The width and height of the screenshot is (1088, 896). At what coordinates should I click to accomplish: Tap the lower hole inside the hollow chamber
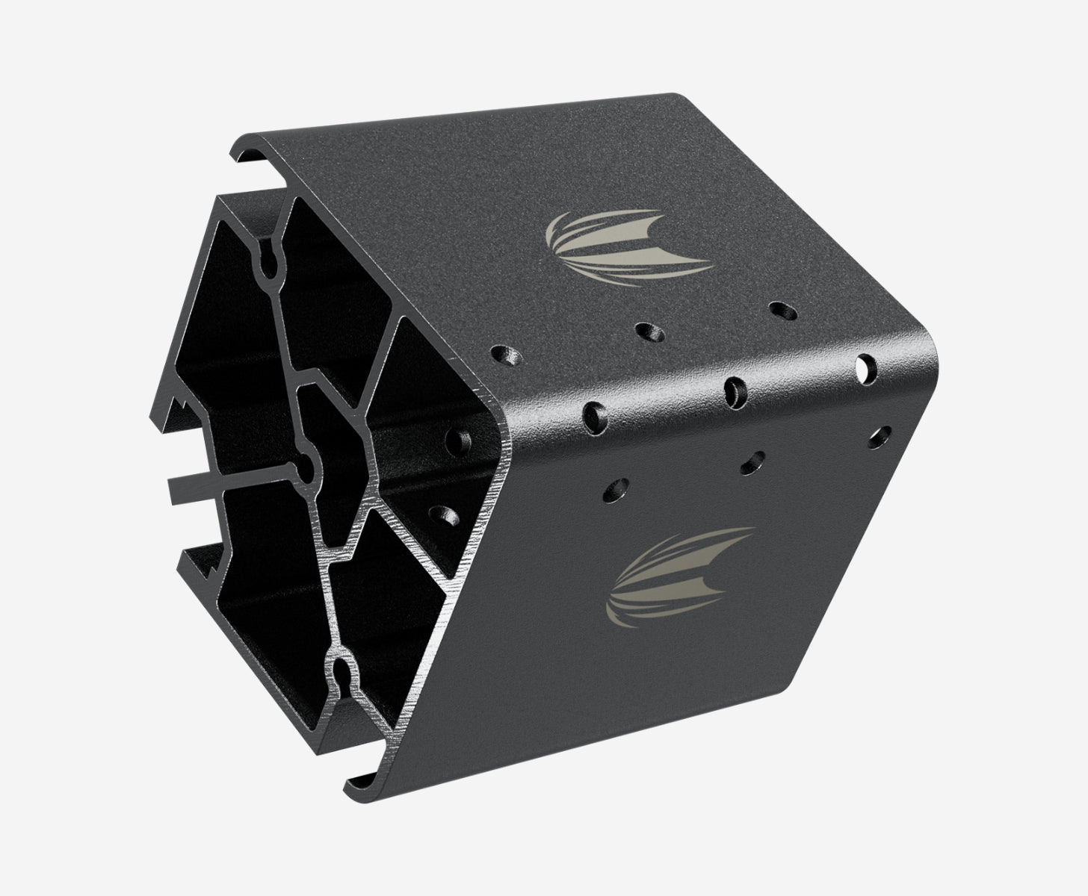pos(445,515)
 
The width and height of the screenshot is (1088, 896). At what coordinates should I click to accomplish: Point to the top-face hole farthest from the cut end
pos(781,309)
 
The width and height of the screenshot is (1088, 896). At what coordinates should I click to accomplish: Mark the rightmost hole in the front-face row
pos(880,435)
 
